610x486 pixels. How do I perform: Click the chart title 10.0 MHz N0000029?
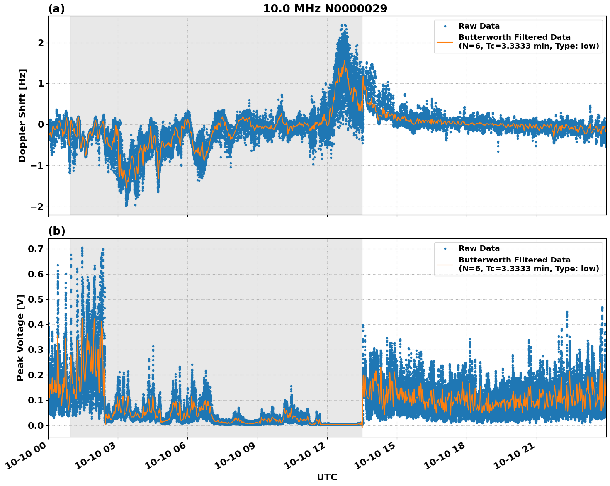(325, 9)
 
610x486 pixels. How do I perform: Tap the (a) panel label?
(56, 9)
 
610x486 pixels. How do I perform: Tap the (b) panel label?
(56, 231)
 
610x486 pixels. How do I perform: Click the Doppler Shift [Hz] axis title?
(22, 115)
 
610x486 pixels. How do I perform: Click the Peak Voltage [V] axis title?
(20, 338)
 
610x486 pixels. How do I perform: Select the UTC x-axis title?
(327, 477)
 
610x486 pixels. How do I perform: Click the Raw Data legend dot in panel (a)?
(445, 26)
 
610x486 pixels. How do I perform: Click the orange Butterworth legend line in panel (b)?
(445, 264)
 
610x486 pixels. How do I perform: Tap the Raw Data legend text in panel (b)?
(479, 248)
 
